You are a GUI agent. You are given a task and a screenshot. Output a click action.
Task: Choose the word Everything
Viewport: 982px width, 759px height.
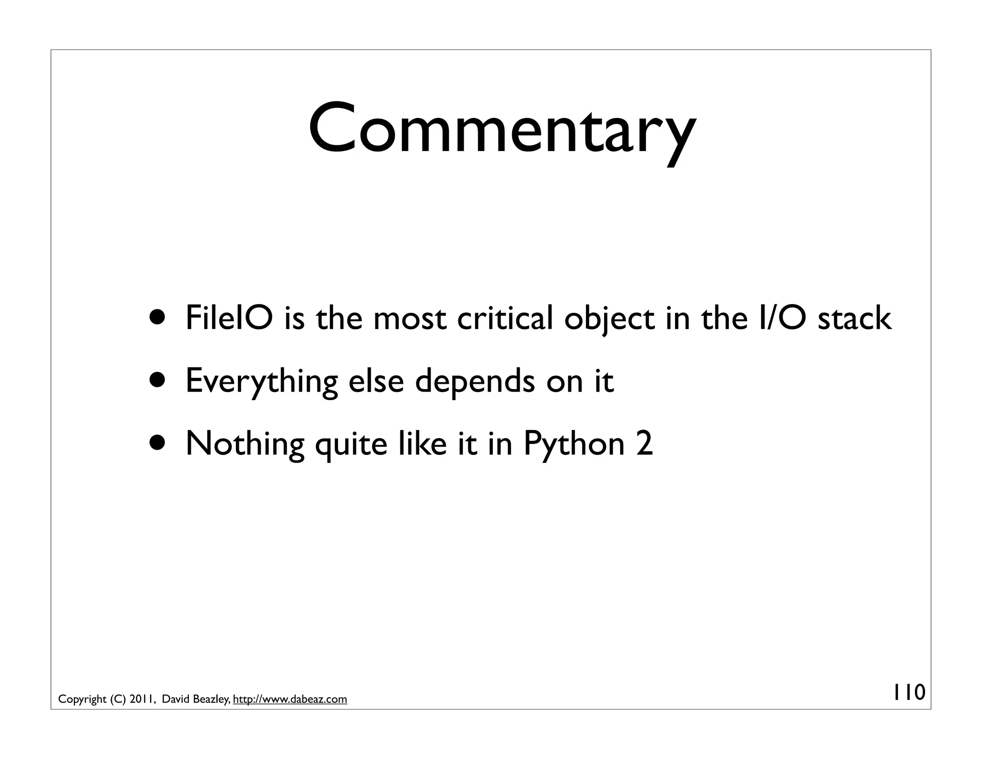(x=261, y=381)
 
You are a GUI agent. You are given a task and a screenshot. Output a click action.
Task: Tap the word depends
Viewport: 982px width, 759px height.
(x=474, y=381)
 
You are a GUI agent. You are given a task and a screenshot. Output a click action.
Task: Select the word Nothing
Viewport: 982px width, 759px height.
(x=245, y=444)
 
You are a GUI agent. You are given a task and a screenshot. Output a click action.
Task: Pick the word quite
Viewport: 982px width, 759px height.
(x=351, y=445)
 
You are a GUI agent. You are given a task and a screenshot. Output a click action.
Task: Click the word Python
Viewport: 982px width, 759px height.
(x=573, y=445)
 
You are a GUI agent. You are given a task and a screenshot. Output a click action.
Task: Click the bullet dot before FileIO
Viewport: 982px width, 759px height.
(x=158, y=318)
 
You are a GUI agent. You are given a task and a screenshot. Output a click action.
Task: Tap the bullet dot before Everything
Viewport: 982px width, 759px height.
(x=158, y=380)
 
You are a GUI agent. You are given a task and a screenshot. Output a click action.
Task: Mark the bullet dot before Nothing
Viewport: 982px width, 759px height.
(x=158, y=443)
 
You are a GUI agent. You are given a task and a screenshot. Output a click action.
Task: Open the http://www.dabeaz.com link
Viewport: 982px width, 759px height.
(x=290, y=700)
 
